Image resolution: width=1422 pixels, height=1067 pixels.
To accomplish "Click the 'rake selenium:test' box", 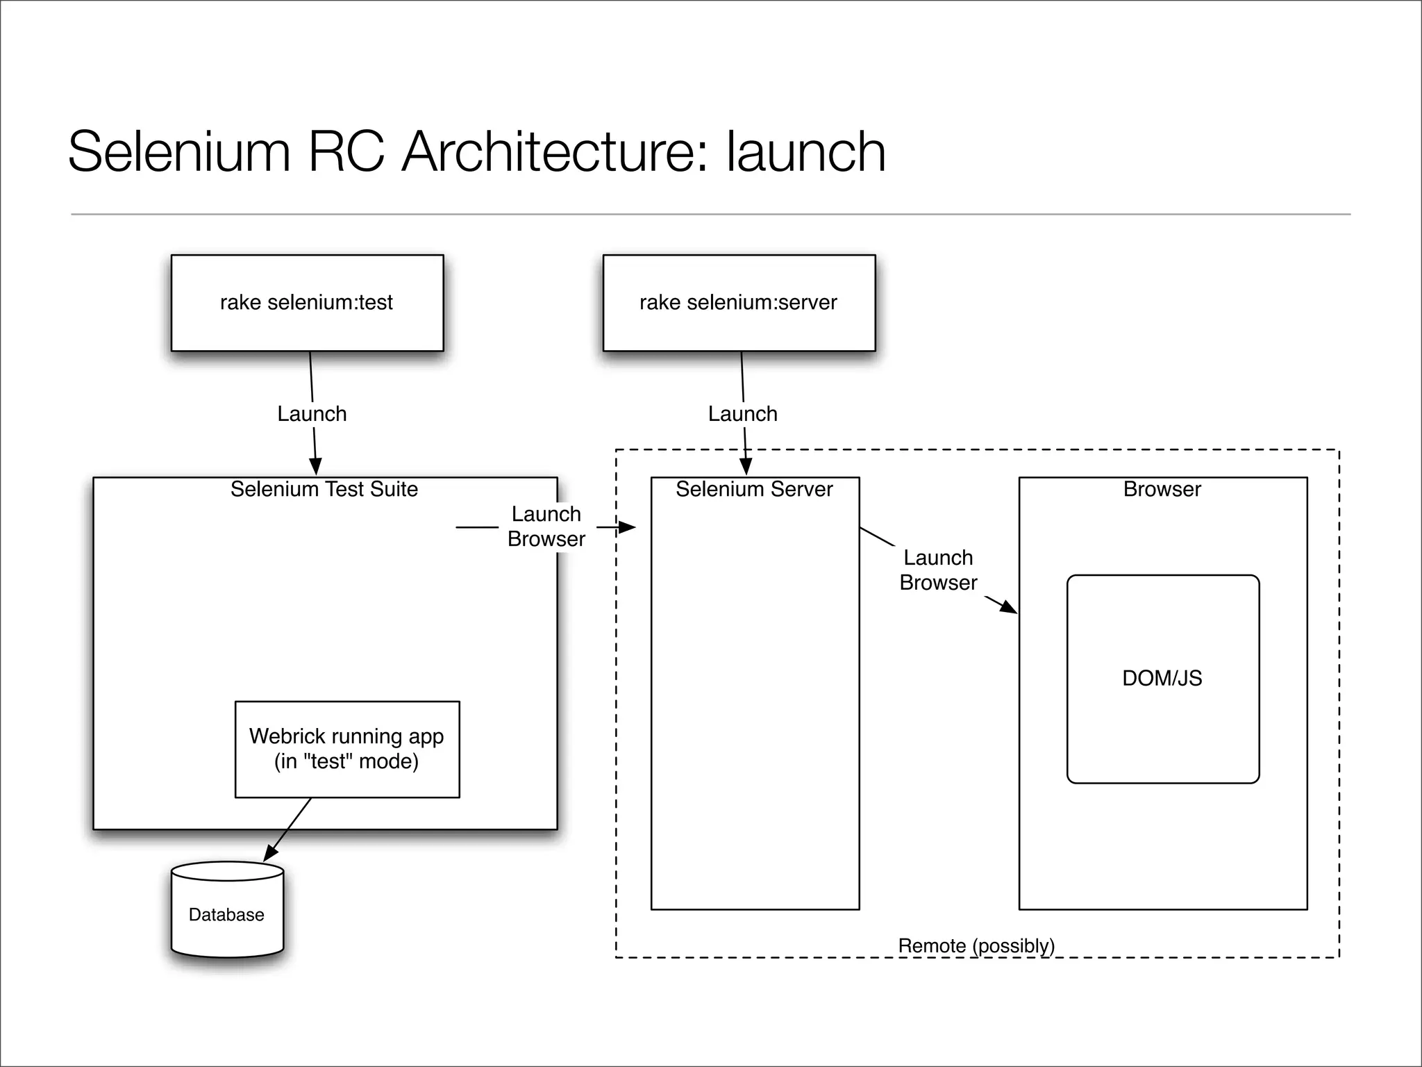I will [x=307, y=303].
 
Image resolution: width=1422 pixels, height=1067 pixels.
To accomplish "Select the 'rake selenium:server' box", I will [x=739, y=303].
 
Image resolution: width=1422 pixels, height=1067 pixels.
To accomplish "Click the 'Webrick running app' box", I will [x=347, y=749].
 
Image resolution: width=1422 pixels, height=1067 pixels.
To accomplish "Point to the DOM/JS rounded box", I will [x=1163, y=679].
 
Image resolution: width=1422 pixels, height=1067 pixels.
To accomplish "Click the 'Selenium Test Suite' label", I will [x=324, y=489].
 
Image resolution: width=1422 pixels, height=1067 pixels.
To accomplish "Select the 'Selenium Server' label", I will [x=754, y=489].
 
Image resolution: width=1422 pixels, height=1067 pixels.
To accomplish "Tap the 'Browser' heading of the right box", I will [x=1162, y=489].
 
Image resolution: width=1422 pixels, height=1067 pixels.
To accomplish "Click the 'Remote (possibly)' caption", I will [x=976, y=945].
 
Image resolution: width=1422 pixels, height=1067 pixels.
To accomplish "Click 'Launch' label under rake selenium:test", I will [x=312, y=414].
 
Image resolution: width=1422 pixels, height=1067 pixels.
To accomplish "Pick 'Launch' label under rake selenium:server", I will [x=742, y=414].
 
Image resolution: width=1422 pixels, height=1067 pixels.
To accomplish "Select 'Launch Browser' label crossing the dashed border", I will [x=546, y=527].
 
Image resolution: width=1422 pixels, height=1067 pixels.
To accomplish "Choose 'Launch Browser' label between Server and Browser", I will [x=938, y=570].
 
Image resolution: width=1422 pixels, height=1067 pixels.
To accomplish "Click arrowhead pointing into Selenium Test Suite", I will [x=315, y=468].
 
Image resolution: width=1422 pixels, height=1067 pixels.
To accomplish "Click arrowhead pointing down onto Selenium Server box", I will [x=746, y=468].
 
